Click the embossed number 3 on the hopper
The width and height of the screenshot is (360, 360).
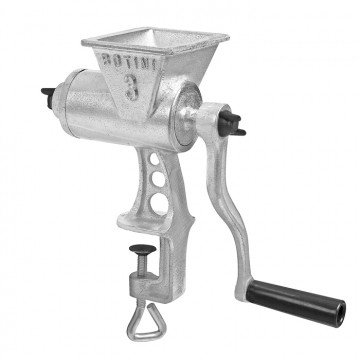point(132,87)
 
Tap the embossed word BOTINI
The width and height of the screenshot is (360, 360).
point(129,61)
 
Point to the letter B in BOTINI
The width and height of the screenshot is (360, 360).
point(106,59)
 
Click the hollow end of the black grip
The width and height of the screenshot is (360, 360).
point(340,314)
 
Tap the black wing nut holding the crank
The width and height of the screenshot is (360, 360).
point(231,124)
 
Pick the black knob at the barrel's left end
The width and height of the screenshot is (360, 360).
point(48,96)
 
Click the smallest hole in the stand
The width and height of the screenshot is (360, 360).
point(154,159)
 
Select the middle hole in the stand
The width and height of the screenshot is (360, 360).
point(158,180)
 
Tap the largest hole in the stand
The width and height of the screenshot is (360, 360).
point(160,203)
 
